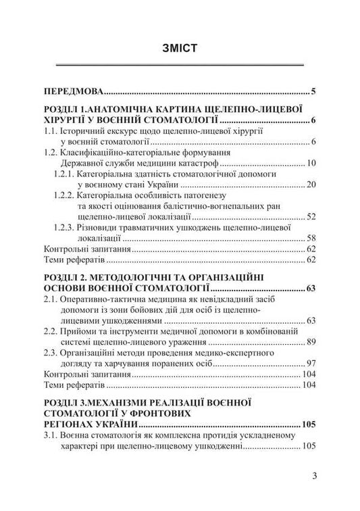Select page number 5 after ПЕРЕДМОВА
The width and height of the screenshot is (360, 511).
pyautogui.click(x=315, y=90)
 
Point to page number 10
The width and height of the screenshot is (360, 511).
pyautogui.click(x=311, y=163)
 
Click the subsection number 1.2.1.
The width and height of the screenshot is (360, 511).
pyautogui.click(x=66, y=174)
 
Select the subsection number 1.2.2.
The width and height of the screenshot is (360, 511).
pyautogui.click(x=66, y=195)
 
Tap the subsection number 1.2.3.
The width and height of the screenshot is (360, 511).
pyautogui.click(x=66, y=228)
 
